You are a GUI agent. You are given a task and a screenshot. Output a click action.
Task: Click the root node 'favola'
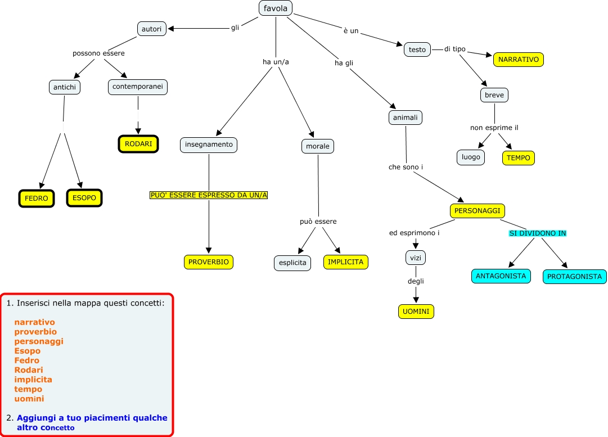click(x=276, y=8)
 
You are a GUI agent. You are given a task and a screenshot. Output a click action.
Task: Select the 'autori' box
click(x=152, y=28)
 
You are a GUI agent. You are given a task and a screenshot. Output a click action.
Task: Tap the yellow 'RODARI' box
click(x=138, y=144)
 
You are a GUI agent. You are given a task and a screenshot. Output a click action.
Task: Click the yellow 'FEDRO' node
click(x=37, y=199)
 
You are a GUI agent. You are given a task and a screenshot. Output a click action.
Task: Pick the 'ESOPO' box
click(x=84, y=199)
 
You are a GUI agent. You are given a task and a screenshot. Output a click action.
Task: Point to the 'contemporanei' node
click(x=138, y=87)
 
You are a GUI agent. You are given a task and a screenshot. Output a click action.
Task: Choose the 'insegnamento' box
click(x=209, y=145)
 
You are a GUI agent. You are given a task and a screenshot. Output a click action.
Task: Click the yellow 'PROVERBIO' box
click(x=208, y=262)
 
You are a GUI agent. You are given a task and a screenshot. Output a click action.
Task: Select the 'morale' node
click(x=317, y=146)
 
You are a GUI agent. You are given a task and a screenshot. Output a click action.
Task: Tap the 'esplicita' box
click(x=292, y=263)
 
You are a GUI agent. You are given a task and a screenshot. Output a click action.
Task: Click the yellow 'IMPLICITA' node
click(x=345, y=262)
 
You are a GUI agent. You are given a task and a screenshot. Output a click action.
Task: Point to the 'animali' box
click(x=405, y=118)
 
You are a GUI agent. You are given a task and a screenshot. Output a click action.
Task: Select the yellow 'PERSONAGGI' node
click(x=478, y=211)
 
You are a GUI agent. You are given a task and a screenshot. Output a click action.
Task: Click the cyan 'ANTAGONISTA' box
click(x=501, y=276)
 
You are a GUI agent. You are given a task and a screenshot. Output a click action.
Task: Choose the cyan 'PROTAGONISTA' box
click(x=575, y=277)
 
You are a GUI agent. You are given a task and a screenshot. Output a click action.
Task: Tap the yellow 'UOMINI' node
click(x=416, y=312)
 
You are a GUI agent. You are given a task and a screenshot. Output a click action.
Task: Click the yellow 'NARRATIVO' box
click(x=519, y=59)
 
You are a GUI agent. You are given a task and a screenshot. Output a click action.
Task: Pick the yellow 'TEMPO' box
click(x=518, y=158)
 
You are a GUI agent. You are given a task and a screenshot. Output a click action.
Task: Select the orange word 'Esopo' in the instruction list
click(x=28, y=351)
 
